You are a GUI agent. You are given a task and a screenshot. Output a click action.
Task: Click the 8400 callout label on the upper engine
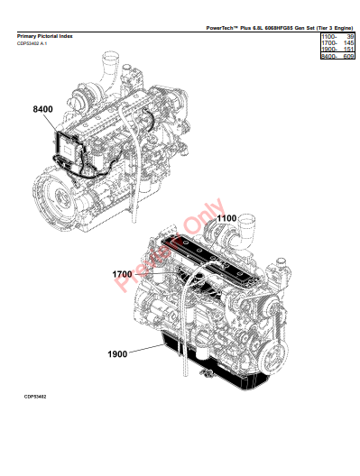point(42,109)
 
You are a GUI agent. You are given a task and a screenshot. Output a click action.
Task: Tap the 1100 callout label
point(226,218)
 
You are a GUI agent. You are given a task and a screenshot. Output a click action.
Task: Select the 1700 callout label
point(122,274)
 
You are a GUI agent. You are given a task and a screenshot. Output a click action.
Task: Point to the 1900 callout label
point(117,354)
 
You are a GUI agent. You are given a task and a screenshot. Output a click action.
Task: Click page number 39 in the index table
point(350,37)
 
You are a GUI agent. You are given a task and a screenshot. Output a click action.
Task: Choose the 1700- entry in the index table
point(329,43)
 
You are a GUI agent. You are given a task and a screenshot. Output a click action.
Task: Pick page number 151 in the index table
point(348,50)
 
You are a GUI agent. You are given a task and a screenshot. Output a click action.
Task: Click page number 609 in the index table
point(348,56)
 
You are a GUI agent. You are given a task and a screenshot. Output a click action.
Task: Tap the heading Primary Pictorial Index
point(44,36)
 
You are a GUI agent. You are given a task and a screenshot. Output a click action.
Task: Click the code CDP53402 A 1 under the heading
point(32,43)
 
